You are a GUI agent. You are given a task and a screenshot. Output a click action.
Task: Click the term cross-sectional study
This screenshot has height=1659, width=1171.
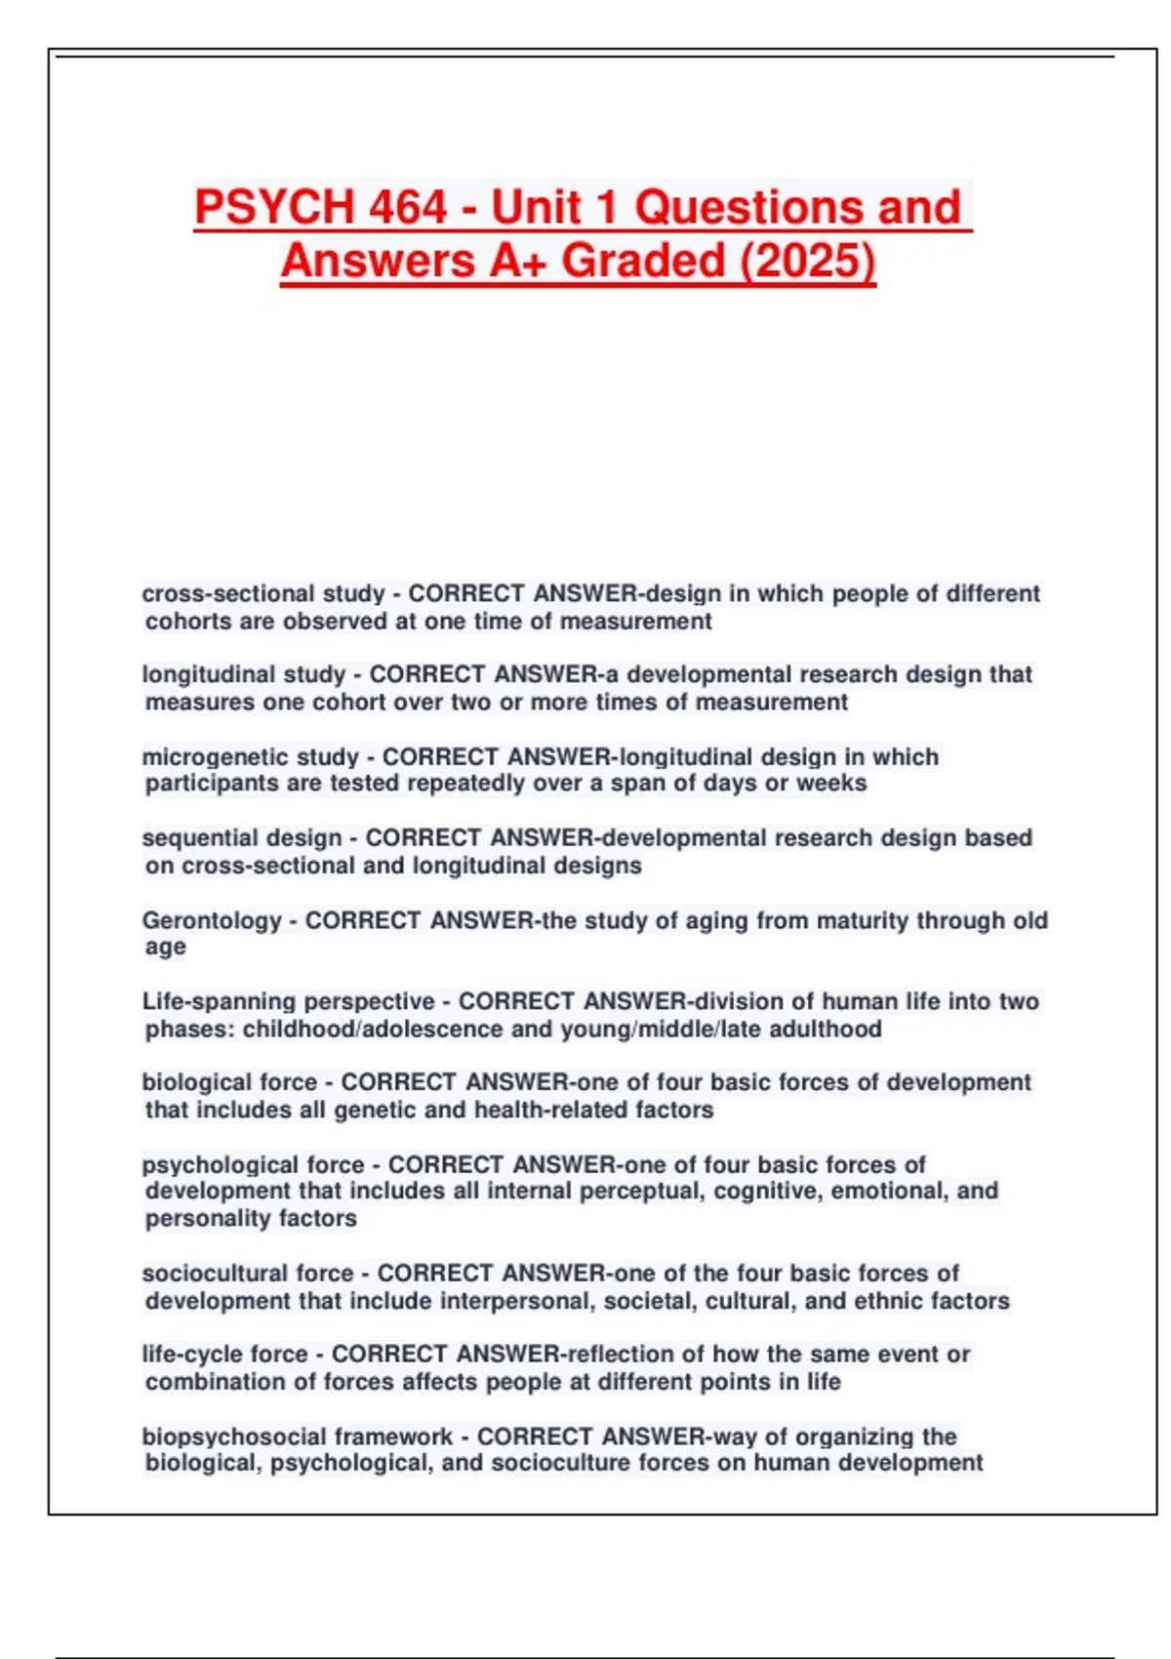(263, 593)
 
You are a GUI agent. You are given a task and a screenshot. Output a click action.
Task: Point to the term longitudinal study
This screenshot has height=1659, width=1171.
(244, 674)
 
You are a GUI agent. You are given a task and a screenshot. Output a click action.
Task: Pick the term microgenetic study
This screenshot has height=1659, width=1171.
(251, 756)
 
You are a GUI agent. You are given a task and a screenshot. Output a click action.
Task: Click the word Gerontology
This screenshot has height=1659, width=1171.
(212, 920)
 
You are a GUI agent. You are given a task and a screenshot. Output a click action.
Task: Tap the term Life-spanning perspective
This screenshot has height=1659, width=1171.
(289, 1001)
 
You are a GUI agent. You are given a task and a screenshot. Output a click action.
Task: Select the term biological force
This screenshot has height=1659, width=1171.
(229, 1082)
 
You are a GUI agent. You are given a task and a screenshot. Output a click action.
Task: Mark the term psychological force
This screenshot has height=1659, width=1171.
(253, 1164)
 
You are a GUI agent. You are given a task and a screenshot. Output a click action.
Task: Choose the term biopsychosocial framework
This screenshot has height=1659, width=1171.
(298, 1436)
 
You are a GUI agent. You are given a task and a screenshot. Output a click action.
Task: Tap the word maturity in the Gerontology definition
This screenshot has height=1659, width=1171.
(861, 920)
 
